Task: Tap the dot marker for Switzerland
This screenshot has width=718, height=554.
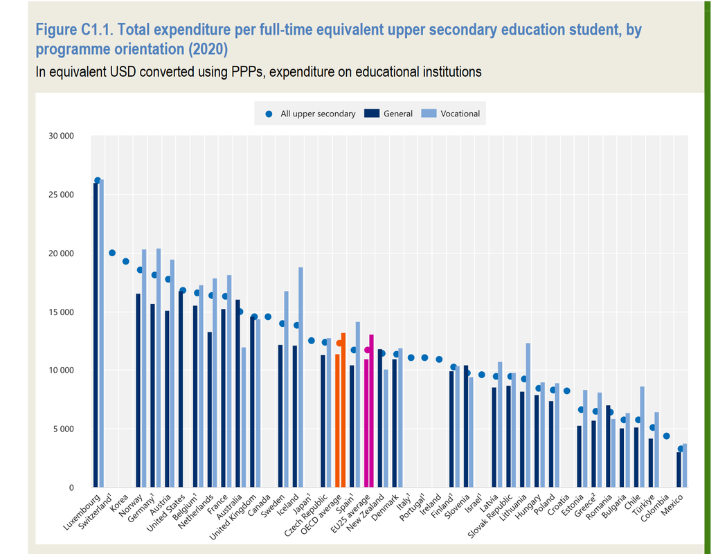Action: click(x=112, y=253)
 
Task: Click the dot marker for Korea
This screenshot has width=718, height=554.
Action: click(x=126, y=261)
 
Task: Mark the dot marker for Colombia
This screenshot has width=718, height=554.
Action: click(x=666, y=436)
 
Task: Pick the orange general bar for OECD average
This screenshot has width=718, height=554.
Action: click(x=337, y=421)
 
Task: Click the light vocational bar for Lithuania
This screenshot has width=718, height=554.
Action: click(x=528, y=415)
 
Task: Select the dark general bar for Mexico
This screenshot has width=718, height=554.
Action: click(x=679, y=470)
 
